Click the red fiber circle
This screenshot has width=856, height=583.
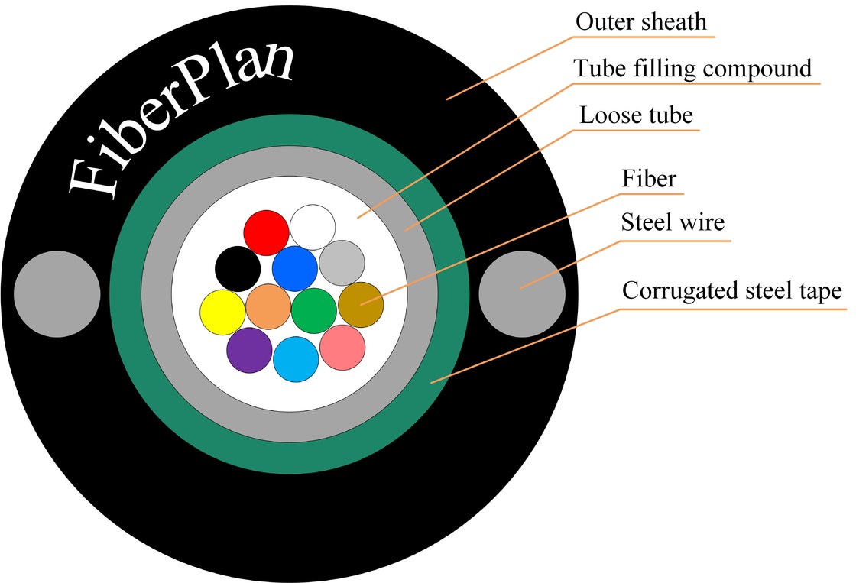tap(266, 232)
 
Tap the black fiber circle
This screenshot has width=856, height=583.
tap(238, 268)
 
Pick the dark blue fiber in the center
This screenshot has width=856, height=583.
tap(294, 269)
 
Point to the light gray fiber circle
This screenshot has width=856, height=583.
tap(341, 262)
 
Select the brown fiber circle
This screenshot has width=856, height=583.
tap(361, 304)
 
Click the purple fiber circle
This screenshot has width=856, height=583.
tap(250, 350)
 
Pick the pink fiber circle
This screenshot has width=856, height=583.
tap(342, 348)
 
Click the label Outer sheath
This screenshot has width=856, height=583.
tap(641, 21)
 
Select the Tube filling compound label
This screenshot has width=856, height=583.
tap(692, 69)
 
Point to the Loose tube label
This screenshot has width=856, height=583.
tap(636, 115)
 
